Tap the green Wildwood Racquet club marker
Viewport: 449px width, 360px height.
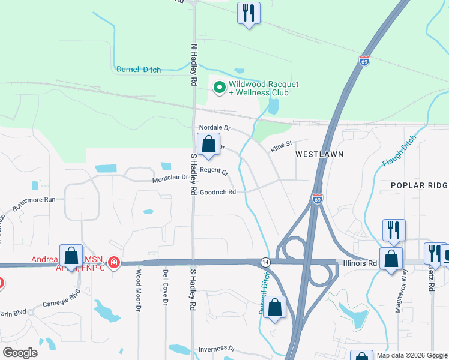coord(220,88)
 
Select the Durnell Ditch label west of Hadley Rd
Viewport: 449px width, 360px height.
coord(139,70)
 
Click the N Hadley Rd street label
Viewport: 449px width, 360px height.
coord(193,64)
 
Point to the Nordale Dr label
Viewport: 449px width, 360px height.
coord(215,128)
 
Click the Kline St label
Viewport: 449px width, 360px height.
coord(280,144)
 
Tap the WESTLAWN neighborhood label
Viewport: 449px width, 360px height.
coord(319,154)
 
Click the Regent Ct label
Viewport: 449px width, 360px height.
coord(214,172)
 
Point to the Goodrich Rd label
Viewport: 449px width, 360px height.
coord(217,192)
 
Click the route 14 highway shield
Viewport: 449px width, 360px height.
coord(265,262)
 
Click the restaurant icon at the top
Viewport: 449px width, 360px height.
coord(247,13)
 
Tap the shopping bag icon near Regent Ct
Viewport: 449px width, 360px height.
coord(208,145)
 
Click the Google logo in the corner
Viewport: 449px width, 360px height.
coord(20,352)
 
